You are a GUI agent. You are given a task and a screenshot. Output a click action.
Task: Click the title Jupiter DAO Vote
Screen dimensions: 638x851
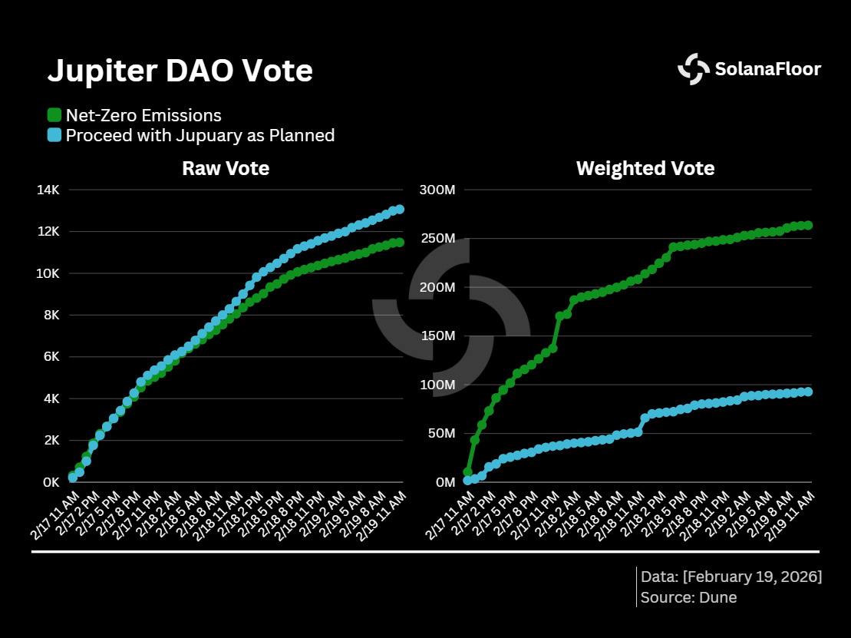180,71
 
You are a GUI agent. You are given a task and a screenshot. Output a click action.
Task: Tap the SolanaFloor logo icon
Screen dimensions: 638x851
694,69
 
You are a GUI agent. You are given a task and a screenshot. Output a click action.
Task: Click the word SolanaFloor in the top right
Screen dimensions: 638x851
767,69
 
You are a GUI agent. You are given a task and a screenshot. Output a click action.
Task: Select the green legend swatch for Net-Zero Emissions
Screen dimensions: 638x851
54,115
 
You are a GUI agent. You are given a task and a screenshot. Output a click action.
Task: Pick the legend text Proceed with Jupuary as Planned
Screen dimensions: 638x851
200,135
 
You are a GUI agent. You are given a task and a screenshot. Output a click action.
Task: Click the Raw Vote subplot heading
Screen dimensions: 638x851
226,168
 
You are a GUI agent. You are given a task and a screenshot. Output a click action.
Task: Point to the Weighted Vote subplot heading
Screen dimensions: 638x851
645,168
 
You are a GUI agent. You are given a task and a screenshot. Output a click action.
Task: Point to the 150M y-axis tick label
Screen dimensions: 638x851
439,336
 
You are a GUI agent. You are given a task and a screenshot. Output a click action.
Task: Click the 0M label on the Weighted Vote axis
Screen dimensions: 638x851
445,482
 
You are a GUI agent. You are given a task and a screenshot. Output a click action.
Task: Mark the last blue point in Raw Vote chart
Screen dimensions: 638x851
399,209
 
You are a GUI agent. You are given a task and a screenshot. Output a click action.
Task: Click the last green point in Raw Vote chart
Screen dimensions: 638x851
399,243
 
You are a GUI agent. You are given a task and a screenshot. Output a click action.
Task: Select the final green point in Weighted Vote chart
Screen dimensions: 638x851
807,226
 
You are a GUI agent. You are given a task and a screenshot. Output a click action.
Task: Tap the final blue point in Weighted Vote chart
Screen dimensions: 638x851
807,392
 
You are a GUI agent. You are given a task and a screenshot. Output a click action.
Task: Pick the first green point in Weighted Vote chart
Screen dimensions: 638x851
467,472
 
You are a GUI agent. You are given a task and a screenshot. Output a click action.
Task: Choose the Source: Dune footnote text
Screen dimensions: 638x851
688,597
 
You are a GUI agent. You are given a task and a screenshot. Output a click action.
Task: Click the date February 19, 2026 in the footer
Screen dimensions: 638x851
752,576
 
